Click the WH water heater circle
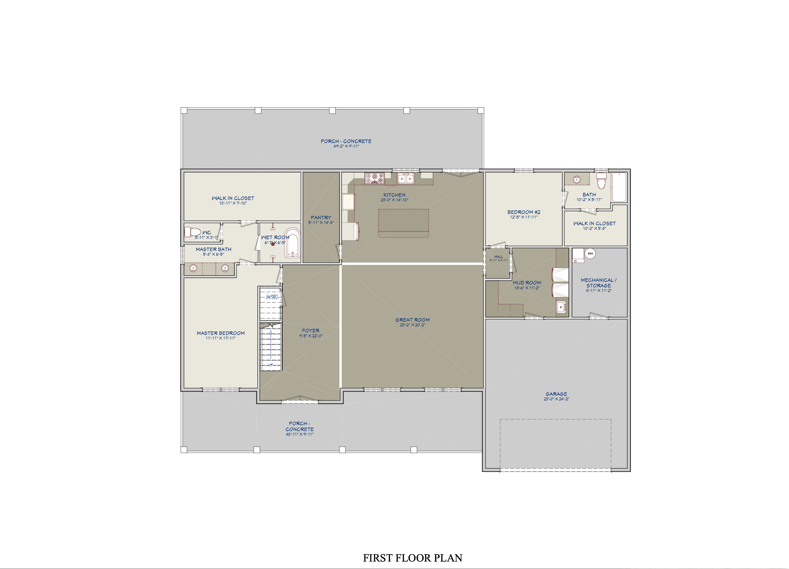(590, 253)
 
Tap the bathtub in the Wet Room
(293, 243)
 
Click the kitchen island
(404, 223)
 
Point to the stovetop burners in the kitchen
(374, 178)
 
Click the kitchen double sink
(405, 179)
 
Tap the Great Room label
(412, 320)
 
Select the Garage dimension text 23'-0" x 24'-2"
(556, 399)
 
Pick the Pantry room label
(321, 218)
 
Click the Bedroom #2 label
(524, 212)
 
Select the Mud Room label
(527, 283)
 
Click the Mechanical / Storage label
(598, 283)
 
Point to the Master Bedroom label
(221, 333)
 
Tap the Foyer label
(311, 331)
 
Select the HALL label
(499, 257)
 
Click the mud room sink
(561, 307)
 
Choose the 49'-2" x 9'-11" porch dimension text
(346, 146)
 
